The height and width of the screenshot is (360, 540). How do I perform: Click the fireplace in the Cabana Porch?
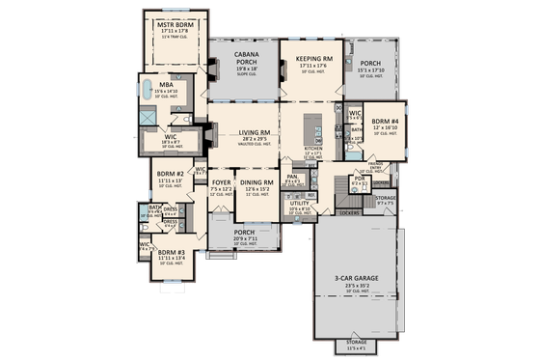click(206, 69)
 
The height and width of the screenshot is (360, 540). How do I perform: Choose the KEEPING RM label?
click(314, 59)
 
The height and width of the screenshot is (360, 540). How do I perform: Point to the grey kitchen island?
click(313, 126)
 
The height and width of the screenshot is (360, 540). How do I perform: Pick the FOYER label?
click(222, 180)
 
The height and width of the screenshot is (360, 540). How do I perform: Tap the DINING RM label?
click(257, 181)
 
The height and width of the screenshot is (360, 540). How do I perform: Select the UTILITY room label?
click(298, 203)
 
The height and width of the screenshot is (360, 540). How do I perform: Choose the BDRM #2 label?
click(171, 174)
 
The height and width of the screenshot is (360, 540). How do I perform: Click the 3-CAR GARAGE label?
click(356, 278)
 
